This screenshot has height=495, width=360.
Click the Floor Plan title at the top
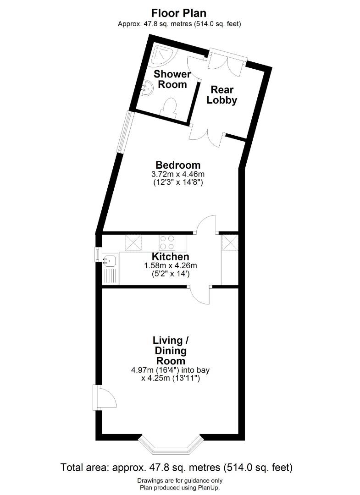click(x=179, y=13)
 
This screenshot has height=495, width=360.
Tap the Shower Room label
click(x=172, y=79)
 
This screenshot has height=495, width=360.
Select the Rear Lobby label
click(x=222, y=95)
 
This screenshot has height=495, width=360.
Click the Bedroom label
click(x=178, y=165)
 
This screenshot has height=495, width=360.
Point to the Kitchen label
click(x=171, y=257)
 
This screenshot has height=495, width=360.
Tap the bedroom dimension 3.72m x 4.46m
click(x=178, y=174)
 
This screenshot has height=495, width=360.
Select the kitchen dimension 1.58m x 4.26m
click(x=171, y=266)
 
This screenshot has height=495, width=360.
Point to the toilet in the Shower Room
click(x=170, y=108)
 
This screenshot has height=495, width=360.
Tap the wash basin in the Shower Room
click(x=146, y=87)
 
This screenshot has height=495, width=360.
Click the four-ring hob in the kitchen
click(x=167, y=242)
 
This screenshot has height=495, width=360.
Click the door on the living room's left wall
click(x=105, y=397)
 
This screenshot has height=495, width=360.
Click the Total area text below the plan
click(x=176, y=467)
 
